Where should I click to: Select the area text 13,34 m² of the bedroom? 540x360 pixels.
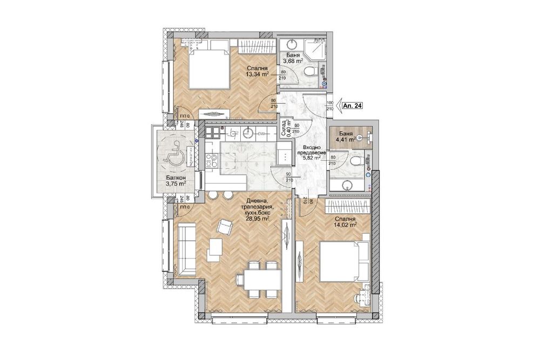click(258, 74)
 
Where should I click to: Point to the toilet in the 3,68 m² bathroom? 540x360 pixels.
click(308, 71)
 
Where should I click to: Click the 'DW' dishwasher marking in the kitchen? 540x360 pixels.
click(261, 133)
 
